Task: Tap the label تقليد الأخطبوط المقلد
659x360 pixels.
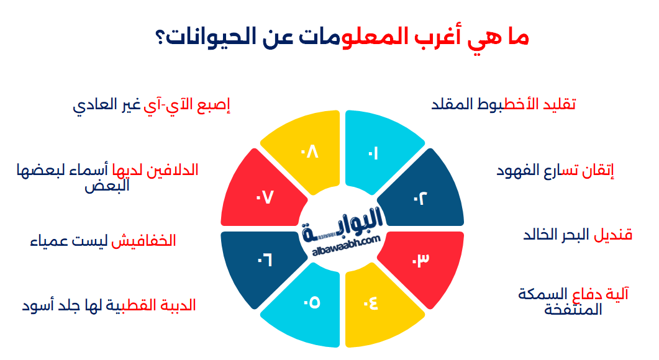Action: pyautogui.click(x=503, y=104)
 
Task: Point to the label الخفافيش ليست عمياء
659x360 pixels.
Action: pyautogui.click(x=103, y=241)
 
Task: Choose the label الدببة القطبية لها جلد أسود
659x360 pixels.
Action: pyautogui.click(x=109, y=305)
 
